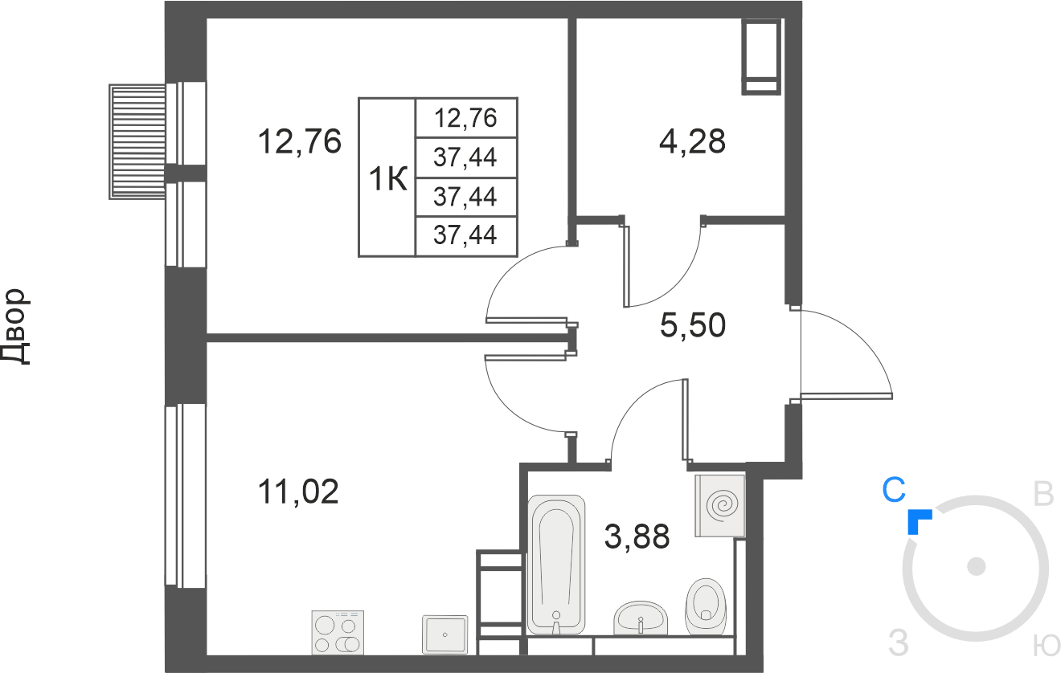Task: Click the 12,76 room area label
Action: click(299, 141)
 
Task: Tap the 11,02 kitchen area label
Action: click(298, 491)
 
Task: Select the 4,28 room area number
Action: click(692, 141)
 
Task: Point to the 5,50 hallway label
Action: click(693, 325)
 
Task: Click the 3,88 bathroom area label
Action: click(637, 536)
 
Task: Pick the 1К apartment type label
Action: click(388, 179)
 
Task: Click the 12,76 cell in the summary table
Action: click(465, 117)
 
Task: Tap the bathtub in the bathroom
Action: click(556, 564)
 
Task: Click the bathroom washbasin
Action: click(641, 618)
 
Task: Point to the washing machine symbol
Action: click(720, 506)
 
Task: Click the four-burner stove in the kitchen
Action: click(338, 633)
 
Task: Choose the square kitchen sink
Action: click(444, 634)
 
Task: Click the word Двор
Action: click(15, 327)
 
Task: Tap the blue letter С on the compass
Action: click(894, 490)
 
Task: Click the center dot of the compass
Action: click(977, 566)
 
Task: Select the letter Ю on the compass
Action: click(1046, 645)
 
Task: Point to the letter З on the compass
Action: click(899, 643)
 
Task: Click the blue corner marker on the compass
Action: click(918, 521)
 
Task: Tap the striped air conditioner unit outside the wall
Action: click(137, 142)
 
